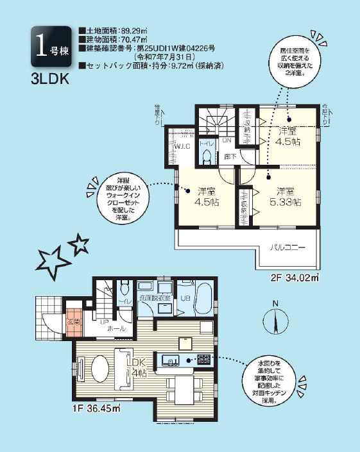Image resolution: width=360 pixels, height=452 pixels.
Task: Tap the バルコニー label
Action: tap(287, 247)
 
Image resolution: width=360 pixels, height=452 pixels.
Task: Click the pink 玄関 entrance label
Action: tap(73, 322)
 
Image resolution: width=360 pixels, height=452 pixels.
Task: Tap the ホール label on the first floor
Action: tap(116, 328)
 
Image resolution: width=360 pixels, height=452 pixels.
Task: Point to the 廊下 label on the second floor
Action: tap(227, 155)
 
